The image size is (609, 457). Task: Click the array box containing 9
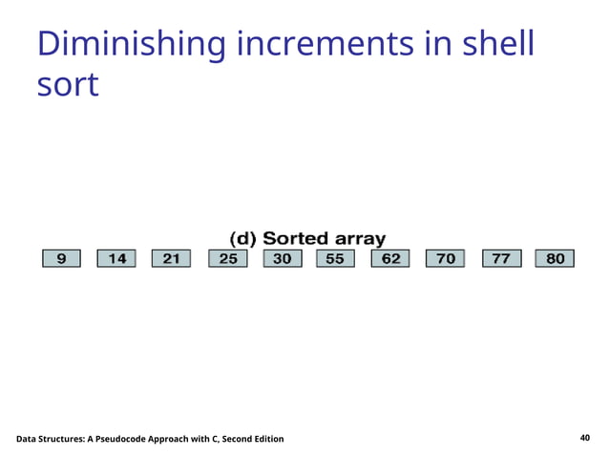(x=62, y=258)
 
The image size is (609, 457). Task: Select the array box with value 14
(x=116, y=258)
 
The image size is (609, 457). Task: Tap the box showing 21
(x=171, y=258)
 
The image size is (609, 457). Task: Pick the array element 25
(x=226, y=258)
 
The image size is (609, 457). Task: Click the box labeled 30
(x=282, y=258)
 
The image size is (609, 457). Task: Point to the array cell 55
(x=335, y=258)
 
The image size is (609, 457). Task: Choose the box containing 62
(x=390, y=258)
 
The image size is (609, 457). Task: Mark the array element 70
(x=446, y=258)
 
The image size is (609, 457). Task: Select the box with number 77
(x=501, y=258)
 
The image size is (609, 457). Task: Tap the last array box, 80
(x=556, y=258)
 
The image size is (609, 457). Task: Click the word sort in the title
(x=67, y=85)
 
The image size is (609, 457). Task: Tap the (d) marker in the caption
(x=242, y=238)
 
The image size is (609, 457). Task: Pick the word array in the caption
(x=360, y=238)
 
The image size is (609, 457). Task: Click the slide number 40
(x=585, y=438)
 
